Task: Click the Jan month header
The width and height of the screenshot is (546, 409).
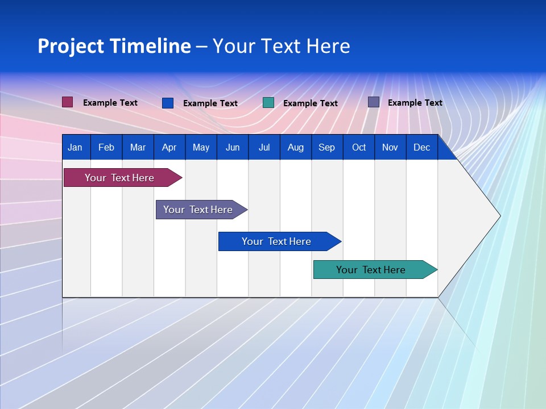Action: point(75,147)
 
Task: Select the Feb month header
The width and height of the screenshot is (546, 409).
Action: point(106,147)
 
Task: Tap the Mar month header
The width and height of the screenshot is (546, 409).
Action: point(138,147)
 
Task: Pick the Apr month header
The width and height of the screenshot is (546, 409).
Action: point(169,147)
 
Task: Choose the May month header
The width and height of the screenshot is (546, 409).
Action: point(201,147)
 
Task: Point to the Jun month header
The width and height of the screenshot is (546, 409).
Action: point(233,147)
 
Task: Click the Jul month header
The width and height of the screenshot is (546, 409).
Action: point(264,147)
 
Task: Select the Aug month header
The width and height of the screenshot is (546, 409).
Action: point(296,147)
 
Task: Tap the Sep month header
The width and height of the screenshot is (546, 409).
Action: point(327,147)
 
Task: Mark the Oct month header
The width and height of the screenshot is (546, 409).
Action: point(359,147)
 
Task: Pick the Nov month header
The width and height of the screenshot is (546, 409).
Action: point(390,147)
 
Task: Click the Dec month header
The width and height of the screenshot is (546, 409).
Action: point(422,147)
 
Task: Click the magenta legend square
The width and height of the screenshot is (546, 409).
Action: point(68,102)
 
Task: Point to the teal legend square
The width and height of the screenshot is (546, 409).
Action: point(268,102)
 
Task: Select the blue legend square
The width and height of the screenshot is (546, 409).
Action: point(168,103)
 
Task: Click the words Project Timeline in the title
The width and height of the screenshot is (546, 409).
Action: point(114,46)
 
